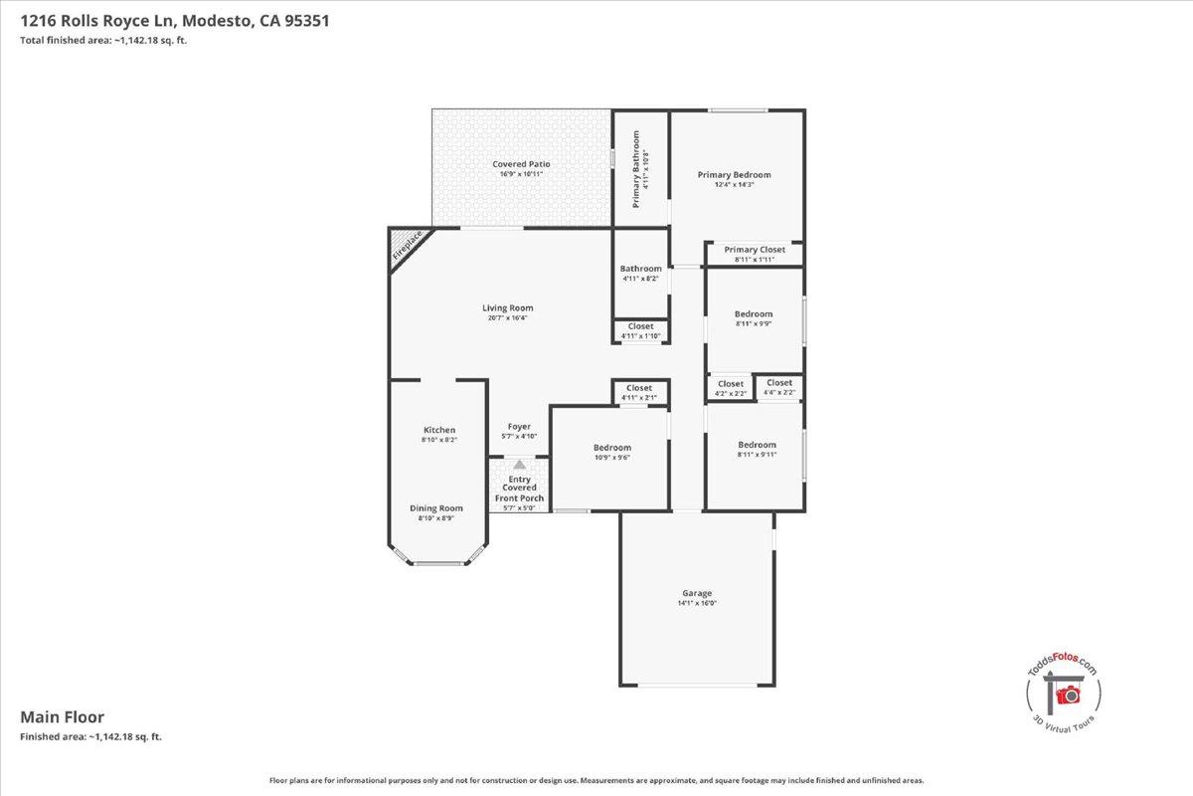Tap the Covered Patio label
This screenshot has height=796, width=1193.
521,164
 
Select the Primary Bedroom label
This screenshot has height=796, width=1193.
734,175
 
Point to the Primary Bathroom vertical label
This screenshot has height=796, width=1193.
637,168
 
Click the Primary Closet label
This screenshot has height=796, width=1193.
754,250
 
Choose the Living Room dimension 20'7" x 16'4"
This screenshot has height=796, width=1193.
507,318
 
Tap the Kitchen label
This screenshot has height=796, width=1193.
438,430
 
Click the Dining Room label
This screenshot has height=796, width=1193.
436,508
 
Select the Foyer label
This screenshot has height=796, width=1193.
518,427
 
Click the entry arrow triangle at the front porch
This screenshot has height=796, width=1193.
518,464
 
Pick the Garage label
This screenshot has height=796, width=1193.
696,593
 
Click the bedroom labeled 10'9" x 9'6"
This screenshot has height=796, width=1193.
611,448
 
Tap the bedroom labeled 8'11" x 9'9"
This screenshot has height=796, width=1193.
754,314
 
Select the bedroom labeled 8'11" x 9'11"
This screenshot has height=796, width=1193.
756,445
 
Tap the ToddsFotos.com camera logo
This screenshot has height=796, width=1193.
1068,693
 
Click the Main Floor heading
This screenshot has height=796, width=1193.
63,716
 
